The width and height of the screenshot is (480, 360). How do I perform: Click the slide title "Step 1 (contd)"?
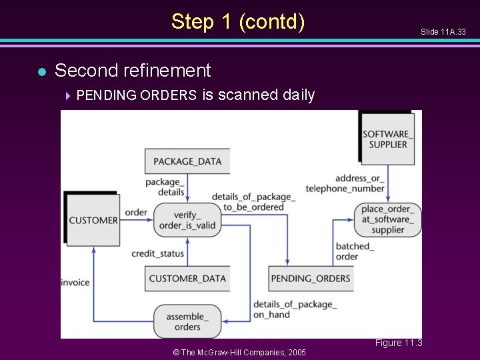tap(238, 21)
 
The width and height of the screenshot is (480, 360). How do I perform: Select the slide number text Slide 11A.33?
tap(443, 32)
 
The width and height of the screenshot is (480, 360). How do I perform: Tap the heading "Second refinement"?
tap(132, 70)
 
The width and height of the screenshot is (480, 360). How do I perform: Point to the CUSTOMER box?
tap(93, 220)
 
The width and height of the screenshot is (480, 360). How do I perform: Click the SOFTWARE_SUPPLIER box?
tap(388, 139)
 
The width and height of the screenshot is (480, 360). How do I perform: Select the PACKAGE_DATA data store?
tap(187, 161)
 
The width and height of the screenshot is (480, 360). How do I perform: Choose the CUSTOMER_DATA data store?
tap(187, 278)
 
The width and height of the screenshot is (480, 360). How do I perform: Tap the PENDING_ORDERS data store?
tap(311, 278)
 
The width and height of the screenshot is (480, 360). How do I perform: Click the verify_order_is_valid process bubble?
tap(187, 220)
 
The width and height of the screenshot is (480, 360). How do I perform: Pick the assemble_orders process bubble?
tap(187, 321)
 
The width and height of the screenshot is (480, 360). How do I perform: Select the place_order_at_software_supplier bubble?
tap(387, 219)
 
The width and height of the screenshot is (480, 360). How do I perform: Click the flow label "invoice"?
tap(75, 283)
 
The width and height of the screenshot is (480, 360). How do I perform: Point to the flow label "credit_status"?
tap(157, 254)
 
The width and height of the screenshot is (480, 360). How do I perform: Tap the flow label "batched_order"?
tap(355, 251)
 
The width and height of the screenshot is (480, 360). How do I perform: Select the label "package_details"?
tap(164, 187)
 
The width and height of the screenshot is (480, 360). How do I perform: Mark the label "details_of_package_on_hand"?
tap(295, 309)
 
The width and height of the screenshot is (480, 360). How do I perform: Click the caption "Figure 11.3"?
tap(398, 343)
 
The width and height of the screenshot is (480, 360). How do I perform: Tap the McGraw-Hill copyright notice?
tap(239, 352)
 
